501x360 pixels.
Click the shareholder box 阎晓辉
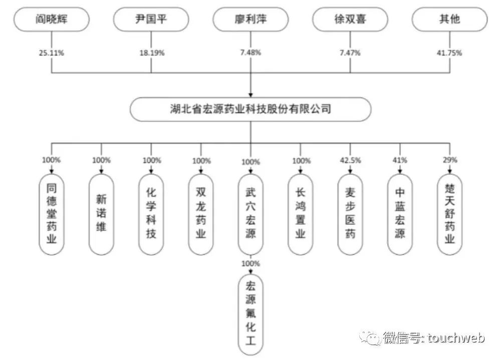pos(52,21)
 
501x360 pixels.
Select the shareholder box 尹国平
pos(151,21)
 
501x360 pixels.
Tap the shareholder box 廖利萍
pos(250,21)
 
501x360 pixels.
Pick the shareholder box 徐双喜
pos(350,21)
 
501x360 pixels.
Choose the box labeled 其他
pos(449,21)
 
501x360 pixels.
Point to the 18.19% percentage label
pos(151,53)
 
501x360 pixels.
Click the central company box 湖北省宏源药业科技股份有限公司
pos(250,109)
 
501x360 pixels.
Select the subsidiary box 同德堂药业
pos(52,214)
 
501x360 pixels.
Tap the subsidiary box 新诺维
pos(101,214)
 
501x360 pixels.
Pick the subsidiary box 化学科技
pos(151,214)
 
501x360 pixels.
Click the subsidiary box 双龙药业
pos(201,214)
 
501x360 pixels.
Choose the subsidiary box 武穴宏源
pos(250,214)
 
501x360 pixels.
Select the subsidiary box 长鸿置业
pos(300,214)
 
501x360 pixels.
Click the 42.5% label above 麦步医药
pos(350,161)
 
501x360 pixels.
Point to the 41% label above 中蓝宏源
pos(399,161)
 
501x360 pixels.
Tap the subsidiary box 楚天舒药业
pos(449,214)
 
